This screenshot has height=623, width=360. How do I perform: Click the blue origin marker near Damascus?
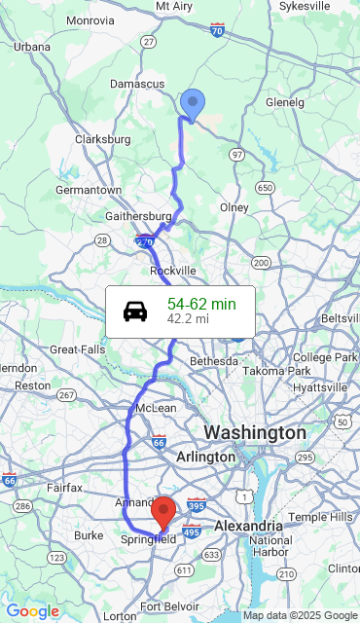coord(193,103)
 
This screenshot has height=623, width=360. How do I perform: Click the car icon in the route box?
coord(136,311)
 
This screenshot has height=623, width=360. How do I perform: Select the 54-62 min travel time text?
coord(201,305)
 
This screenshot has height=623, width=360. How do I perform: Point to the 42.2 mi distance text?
coord(188,318)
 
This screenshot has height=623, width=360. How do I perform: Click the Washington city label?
coord(254,432)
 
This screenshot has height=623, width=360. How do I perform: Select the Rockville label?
coord(173,270)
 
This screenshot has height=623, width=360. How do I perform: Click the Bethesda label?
coord(213,361)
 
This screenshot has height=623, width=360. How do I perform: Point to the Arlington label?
coord(206,457)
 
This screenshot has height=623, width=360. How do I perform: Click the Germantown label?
coord(88,190)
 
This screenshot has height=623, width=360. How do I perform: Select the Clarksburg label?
coord(103,139)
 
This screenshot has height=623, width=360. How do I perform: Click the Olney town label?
coord(234,207)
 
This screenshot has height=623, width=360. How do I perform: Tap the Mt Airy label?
coord(174,6)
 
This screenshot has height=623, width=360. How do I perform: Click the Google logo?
coord(32,611)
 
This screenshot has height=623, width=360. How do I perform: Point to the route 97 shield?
coord(237,155)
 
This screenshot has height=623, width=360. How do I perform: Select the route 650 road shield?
coord(264,187)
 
